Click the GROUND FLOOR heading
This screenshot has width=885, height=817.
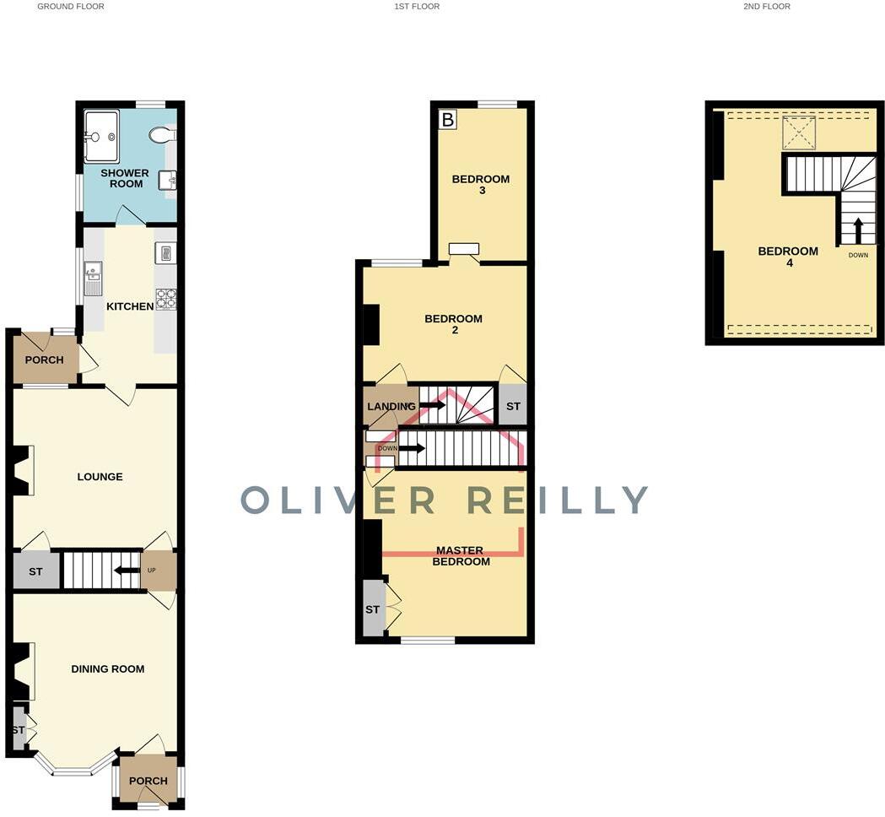pyautogui.click(x=71, y=7)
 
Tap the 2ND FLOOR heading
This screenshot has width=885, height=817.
pyautogui.click(x=767, y=7)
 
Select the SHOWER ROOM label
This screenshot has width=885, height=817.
pyautogui.click(x=125, y=178)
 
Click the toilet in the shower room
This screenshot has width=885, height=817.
pyautogui.click(x=160, y=135)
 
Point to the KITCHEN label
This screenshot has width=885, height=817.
pyautogui.click(x=130, y=306)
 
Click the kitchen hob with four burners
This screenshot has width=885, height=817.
pyautogui.click(x=166, y=299)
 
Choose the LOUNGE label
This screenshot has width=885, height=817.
pyautogui.click(x=100, y=477)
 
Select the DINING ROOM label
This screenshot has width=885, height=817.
pyautogui.click(x=107, y=669)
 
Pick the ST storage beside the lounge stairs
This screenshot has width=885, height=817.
pyautogui.click(x=35, y=571)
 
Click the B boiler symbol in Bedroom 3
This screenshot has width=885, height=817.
pyautogui.click(x=447, y=120)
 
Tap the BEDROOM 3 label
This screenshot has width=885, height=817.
pyautogui.click(x=481, y=184)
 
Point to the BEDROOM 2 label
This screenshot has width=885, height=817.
pyautogui.click(x=453, y=324)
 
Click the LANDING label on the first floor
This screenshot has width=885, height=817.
pyautogui.click(x=391, y=407)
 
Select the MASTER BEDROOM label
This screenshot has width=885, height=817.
pyautogui.click(x=461, y=555)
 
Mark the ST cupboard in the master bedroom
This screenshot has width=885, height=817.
pyautogui.click(x=372, y=609)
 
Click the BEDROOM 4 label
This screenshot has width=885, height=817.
pyautogui.click(x=788, y=257)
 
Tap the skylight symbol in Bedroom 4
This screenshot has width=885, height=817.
pyautogui.click(x=796, y=132)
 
